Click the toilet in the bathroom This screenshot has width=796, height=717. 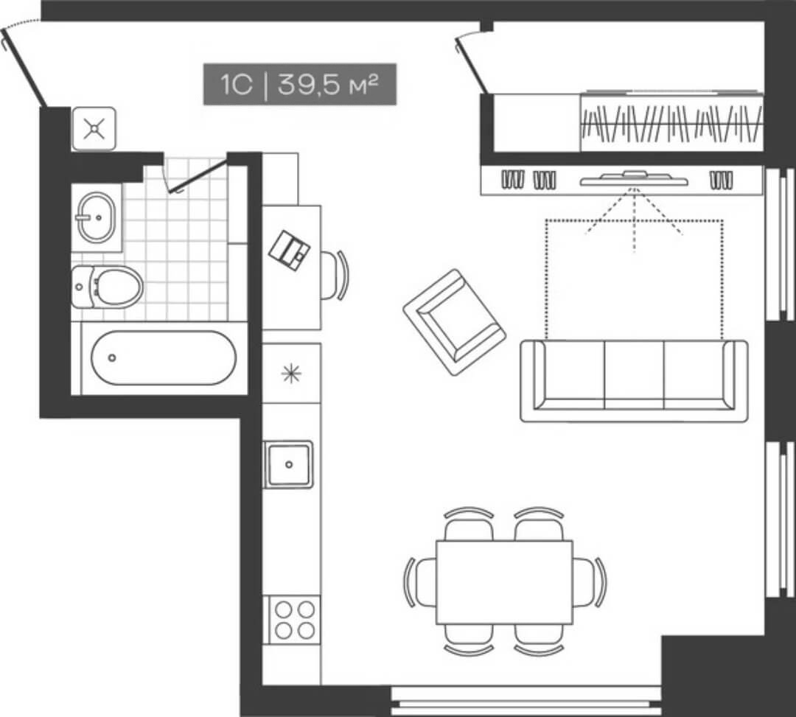pos(109,287)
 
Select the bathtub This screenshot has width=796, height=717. pos(163,357)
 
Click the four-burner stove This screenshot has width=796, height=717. pos(294,619)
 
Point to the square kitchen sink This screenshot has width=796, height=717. pos(289,464)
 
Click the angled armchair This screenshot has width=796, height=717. pos(454,322)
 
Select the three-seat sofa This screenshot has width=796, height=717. pos(634,380)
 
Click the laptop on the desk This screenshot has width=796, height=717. pos(290,250)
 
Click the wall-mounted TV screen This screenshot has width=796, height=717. pos(634,179)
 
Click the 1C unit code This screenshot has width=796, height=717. pos(236,85)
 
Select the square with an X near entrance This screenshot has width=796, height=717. pos(94,129)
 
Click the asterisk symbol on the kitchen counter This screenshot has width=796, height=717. pos(292,374)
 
